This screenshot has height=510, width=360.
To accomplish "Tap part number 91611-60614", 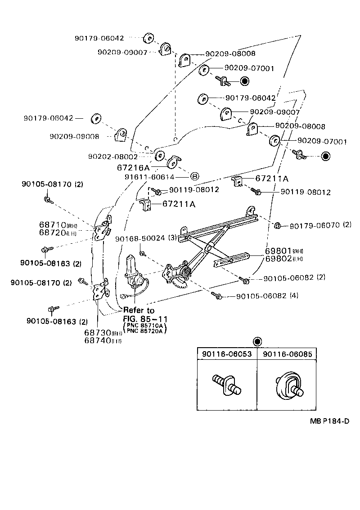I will point(149,177).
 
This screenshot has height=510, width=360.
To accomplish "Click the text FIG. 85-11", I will point(144,318).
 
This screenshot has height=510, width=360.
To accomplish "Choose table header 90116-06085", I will point(287,354).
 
